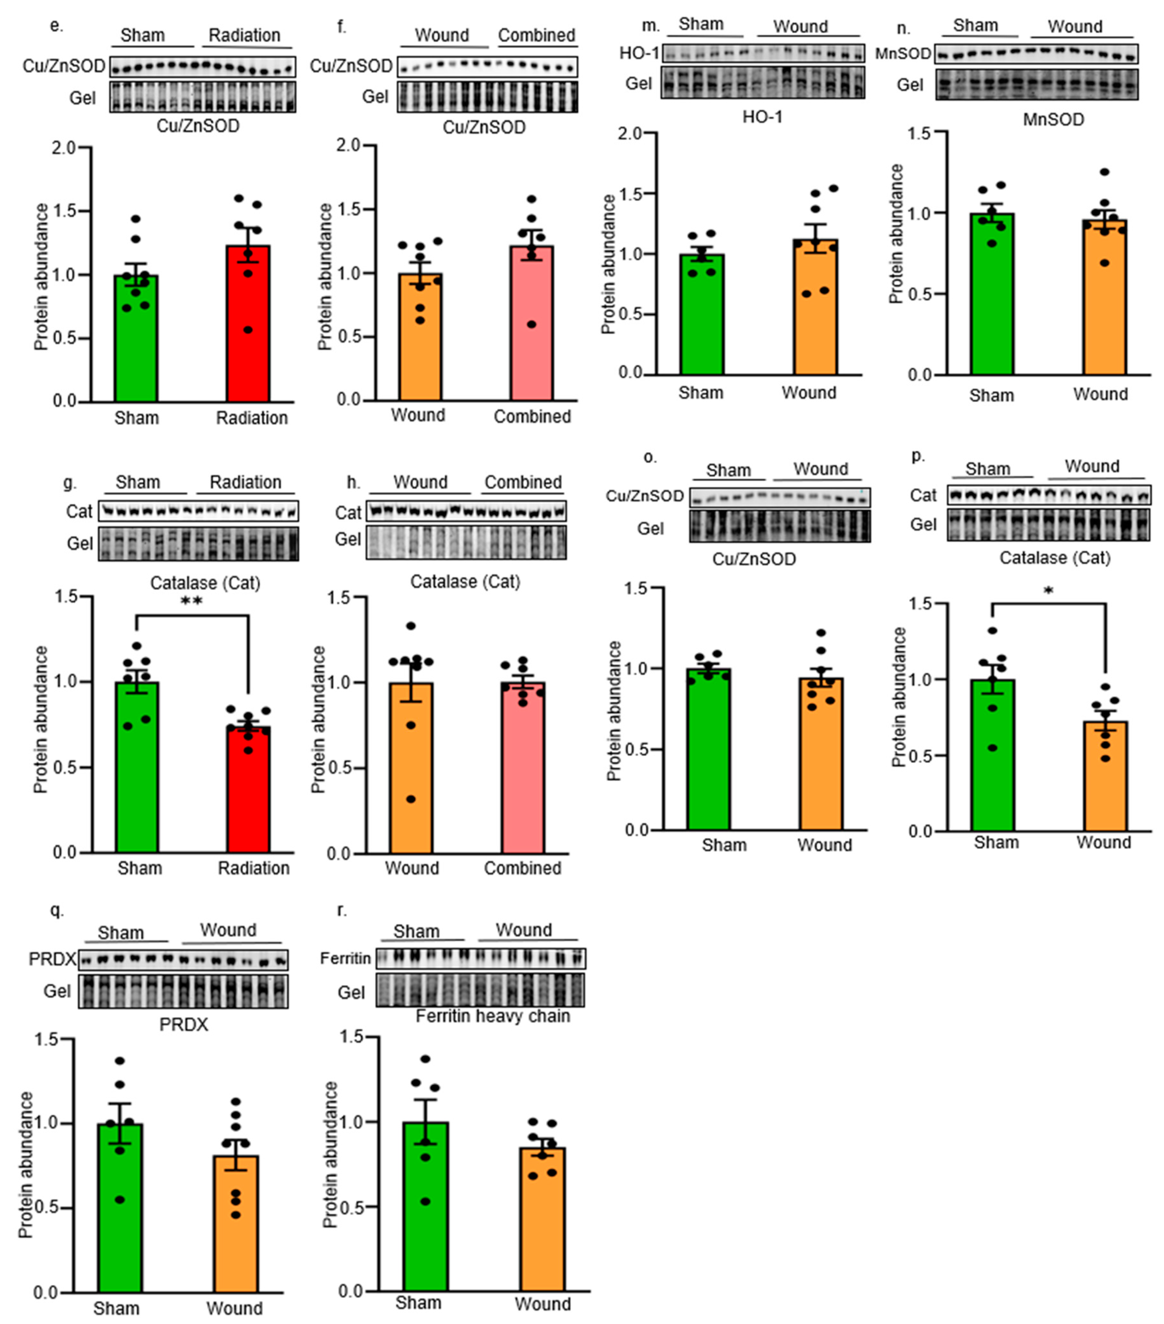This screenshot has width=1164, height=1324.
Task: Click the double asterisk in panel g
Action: (192, 601)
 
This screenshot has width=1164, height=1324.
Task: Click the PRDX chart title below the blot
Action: (184, 1025)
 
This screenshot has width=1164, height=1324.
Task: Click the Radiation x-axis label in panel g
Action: (253, 868)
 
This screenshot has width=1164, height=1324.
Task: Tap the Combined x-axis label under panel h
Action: (522, 868)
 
